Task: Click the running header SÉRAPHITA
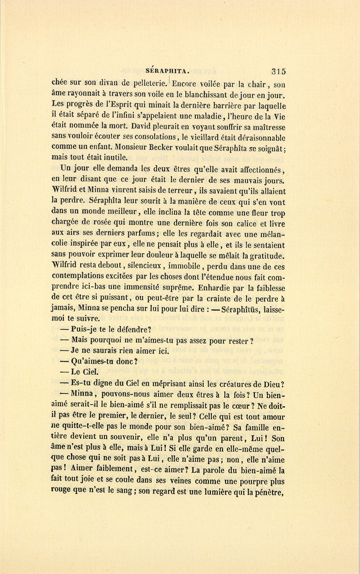(167, 71)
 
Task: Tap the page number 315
(278, 71)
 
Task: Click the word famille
(252, 427)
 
